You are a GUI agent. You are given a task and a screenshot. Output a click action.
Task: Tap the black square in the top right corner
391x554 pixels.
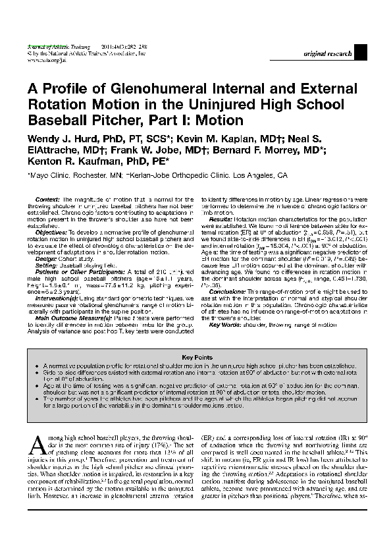(360, 53)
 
